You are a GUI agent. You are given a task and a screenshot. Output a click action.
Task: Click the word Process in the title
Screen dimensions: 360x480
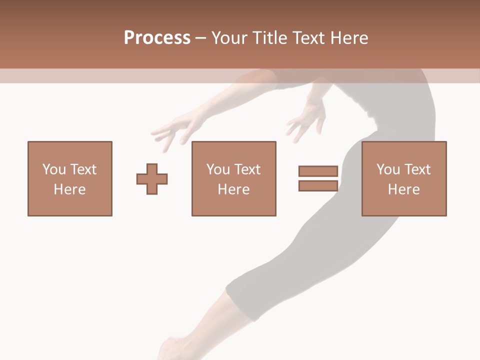pyautogui.click(x=157, y=38)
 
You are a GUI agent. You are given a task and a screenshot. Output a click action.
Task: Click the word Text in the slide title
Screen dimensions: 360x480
pyautogui.click(x=306, y=38)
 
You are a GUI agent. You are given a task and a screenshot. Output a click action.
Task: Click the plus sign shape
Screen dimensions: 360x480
pyautogui.click(x=152, y=179)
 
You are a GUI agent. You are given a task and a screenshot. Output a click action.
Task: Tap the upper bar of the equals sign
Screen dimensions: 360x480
pyautogui.click(x=318, y=171)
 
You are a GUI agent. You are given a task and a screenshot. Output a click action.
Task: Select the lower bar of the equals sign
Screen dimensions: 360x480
pyautogui.click(x=318, y=185)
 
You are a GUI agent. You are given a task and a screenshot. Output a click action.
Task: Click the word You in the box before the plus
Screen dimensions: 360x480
pyautogui.click(x=54, y=169)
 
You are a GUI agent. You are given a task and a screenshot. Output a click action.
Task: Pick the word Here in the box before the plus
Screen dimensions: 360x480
pyautogui.click(x=69, y=189)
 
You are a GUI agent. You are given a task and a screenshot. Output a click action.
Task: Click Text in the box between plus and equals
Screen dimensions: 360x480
pyautogui.click(x=246, y=169)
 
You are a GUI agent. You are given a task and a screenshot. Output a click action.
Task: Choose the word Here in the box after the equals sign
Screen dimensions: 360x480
pyautogui.click(x=403, y=189)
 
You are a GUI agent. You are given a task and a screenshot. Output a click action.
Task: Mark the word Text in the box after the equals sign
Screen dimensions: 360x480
pyautogui.click(x=416, y=169)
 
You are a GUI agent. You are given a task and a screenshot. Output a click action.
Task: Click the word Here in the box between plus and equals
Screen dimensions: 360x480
pyautogui.click(x=233, y=189)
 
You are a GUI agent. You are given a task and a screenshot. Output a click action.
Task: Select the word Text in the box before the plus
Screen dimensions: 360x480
pyautogui.click(x=82, y=169)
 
